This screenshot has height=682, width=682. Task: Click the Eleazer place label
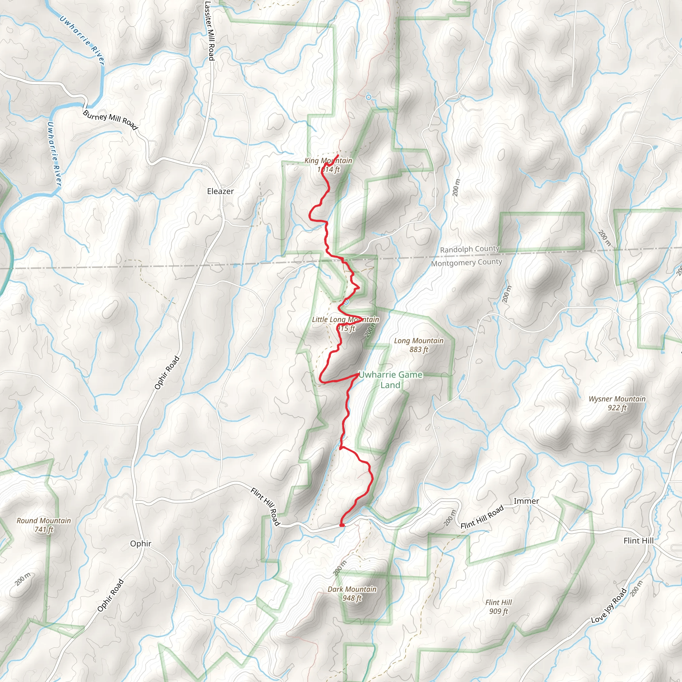pyautogui.click(x=220, y=191)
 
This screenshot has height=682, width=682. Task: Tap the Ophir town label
pyautogui.click(x=141, y=543)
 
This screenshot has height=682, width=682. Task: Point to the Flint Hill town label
pyautogui.click(x=639, y=541)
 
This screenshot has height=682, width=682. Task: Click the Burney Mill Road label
pyautogui.click(x=110, y=120)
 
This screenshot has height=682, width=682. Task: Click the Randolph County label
pyautogui.click(x=470, y=249)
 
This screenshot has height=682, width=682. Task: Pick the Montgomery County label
pyautogui.click(x=466, y=263)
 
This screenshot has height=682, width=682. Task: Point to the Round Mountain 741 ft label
pyautogui.click(x=44, y=525)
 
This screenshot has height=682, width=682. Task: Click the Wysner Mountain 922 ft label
pyautogui.click(x=617, y=403)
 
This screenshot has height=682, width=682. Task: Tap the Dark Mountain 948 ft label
pyautogui.click(x=352, y=593)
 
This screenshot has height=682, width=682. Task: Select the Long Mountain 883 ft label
pyautogui.click(x=419, y=345)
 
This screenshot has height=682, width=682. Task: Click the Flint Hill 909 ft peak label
pyautogui.click(x=499, y=606)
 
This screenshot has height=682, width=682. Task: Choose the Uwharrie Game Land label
pyautogui.click(x=390, y=380)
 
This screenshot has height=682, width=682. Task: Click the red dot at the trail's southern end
pyautogui.click(x=342, y=525)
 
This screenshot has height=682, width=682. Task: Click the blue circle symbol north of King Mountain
pyautogui.click(x=369, y=97)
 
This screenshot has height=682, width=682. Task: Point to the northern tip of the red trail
pyautogui.click(x=338, y=155)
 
